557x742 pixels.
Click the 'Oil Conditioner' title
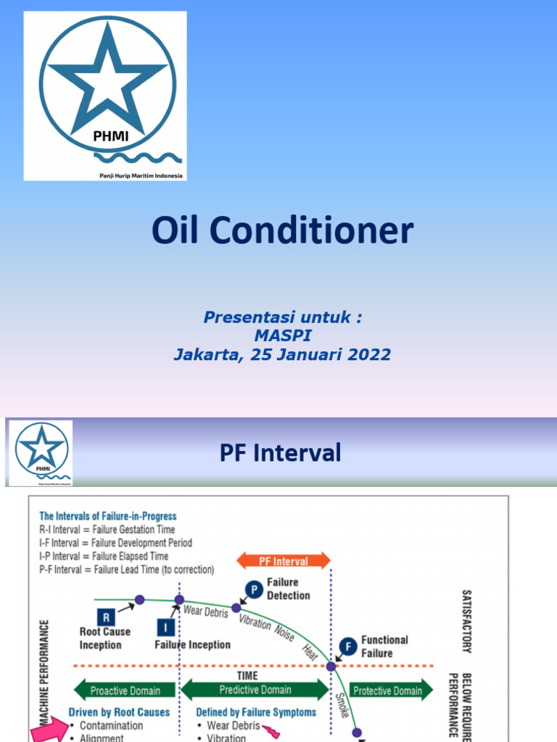(x=282, y=231)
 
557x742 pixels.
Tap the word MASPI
(x=282, y=336)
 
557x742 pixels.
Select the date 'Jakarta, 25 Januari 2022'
(x=282, y=355)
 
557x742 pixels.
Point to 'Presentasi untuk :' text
(x=282, y=317)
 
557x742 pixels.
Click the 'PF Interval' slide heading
(x=280, y=454)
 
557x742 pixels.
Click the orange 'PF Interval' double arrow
(x=283, y=561)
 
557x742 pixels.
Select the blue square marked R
(x=107, y=617)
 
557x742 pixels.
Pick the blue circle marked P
(x=253, y=588)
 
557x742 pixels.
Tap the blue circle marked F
(x=348, y=645)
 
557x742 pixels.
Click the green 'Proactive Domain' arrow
(x=124, y=690)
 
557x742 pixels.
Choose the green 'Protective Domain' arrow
(x=387, y=690)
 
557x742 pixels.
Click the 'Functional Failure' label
(x=384, y=646)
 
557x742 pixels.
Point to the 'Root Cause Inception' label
(x=105, y=638)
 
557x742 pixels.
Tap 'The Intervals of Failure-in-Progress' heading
(x=108, y=516)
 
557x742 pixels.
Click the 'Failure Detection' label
(x=288, y=588)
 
